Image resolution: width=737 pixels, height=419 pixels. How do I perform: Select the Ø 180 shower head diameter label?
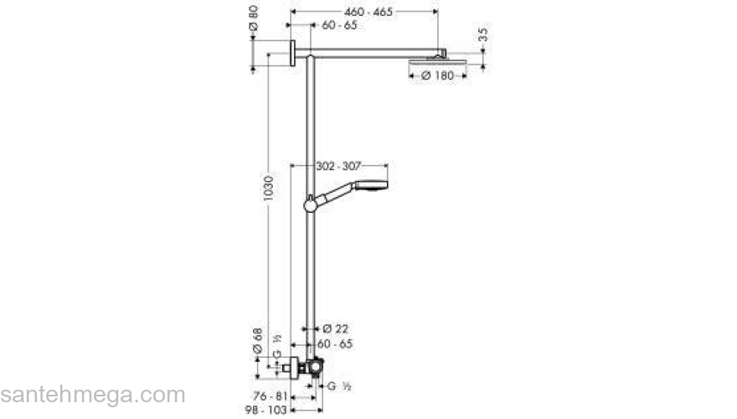point(437,75)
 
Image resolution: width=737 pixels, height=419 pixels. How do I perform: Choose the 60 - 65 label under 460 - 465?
point(338,27)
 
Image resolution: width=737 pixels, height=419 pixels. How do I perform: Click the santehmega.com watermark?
point(92,395)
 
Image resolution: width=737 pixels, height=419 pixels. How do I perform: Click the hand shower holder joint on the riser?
point(312,203)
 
